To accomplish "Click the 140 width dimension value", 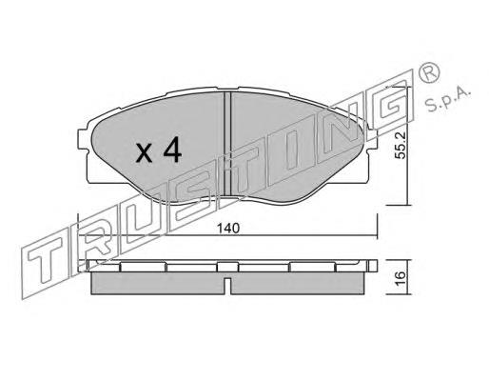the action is (x=227, y=229).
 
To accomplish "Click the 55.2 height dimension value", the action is (x=401, y=146).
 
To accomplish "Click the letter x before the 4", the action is (x=144, y=153).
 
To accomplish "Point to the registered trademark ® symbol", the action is (x=430, y=73).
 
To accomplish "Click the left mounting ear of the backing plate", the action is (x=83, y=139).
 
